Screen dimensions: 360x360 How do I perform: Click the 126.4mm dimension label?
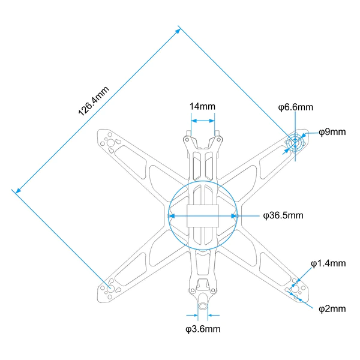tap(94, 101)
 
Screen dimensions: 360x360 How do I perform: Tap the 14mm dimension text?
tap(202, 107)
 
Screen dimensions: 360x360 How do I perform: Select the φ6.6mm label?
tap(295, 107)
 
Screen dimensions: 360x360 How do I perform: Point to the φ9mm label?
tap(332, 132)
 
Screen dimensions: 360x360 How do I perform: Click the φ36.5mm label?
tap(283, 215)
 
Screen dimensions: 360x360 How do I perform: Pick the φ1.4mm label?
tap(328, 263)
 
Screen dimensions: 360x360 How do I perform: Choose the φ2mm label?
tap(332, 309)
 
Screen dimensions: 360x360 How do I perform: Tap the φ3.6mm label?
tap(203, 329)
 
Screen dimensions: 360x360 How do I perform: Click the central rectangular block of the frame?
tap(203, 216)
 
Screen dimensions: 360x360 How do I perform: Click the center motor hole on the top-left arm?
tap(110, 143)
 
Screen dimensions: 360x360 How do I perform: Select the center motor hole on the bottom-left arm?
tap(110, 289)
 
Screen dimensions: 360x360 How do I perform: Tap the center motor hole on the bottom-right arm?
tap(295, 289)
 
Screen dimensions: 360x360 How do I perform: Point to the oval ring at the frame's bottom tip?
tap(203, 306)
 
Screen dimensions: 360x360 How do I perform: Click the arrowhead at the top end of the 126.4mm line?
tap(178, 31)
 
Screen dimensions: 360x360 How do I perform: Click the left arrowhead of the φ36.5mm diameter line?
tap(172, 216)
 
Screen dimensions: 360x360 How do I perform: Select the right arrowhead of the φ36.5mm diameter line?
tap(234, 216)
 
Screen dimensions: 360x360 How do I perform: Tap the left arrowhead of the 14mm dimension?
tap(194, 121)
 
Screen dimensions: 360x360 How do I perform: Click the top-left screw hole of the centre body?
tap(187, 140)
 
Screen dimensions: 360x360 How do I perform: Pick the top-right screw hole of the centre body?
tap(218, 140)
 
